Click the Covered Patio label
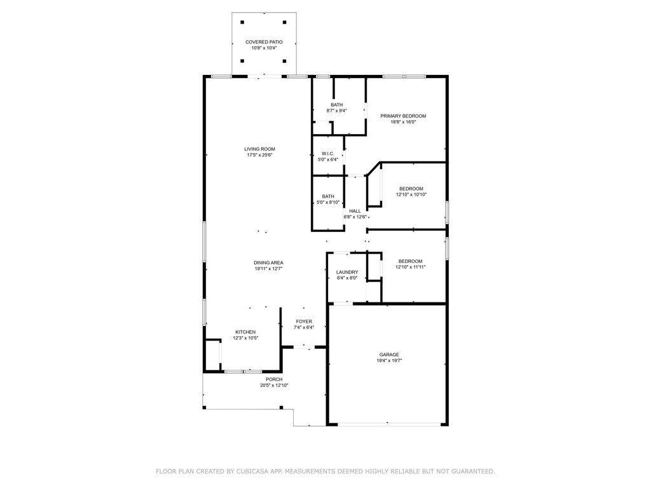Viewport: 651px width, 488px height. click(x=264, y=42)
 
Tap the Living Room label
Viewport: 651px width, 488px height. click(x=259, y=149)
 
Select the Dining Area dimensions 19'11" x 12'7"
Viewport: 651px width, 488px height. click(x=269, y=269)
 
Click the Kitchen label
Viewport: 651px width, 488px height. click(x=245, y=332)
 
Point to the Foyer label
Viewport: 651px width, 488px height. click(x=304, y=322)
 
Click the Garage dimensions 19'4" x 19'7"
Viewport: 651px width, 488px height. click(x=389, y=361)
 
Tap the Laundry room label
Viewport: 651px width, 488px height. click(x=347, y=272)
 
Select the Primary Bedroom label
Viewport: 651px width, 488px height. click(x=403, y=116)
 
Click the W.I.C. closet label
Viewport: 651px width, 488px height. click(x=328, y=154)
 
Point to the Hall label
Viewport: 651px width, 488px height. click(x=355, y=211)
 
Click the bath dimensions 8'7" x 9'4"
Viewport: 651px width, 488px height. click(x=337, y=111)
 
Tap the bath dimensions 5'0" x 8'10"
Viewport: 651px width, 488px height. click(x=328, y=203)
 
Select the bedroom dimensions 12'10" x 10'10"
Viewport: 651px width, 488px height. click(x=411, y=194)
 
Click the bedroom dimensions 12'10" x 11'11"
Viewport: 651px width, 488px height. click(x=410, y=267)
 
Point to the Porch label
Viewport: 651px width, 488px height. click(x=274, y=379)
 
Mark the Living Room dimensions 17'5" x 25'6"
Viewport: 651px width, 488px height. click(x=259, y=155)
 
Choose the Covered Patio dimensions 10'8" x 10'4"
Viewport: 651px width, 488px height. click(x=264, y=48)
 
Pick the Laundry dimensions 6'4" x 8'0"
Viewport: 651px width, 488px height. click(x=347, y=278)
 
